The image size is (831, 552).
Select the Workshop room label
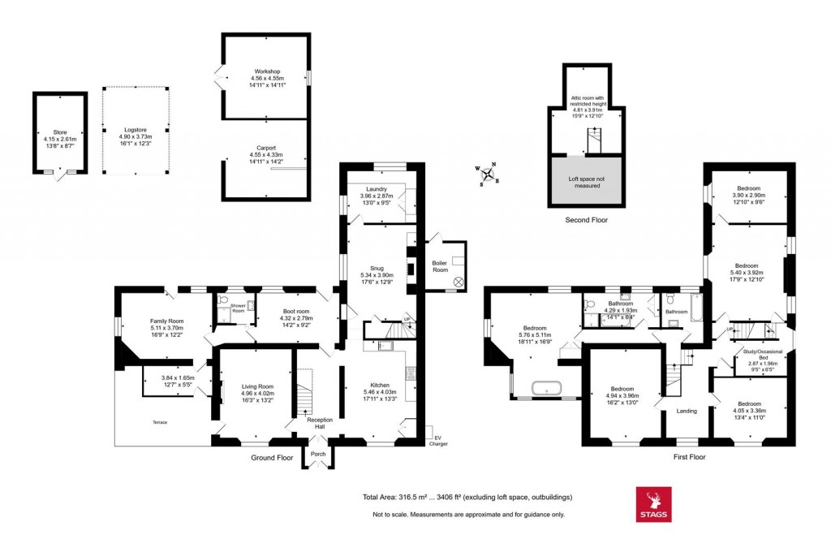tap(265, 71)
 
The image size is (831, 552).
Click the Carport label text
tap(265, 148)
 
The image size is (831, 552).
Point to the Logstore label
tap(135, 130)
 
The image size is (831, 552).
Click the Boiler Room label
tap(440, 265)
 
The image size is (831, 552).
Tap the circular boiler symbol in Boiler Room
tap(459, 282)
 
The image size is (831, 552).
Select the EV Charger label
tap(439, 441)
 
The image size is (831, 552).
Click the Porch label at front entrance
tap(318, 454)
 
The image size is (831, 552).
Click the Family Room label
tap(166, 321)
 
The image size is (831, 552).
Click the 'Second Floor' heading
tap(586, 220)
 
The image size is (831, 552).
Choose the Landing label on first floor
tap(687, 411)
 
